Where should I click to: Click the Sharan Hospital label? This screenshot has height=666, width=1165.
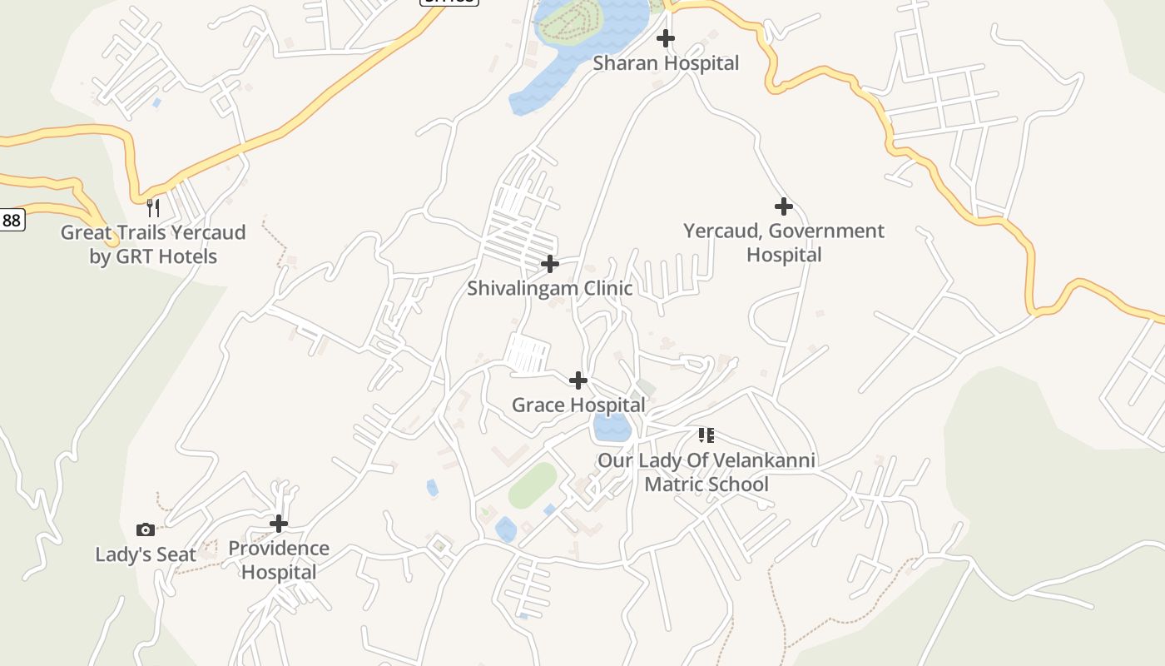pos(666,63)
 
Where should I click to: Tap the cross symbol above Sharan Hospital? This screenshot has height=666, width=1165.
pos(666,38)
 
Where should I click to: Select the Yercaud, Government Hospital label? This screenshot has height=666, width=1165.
pos(783,242)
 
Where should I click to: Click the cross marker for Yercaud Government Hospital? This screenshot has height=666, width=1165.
pos(783,206)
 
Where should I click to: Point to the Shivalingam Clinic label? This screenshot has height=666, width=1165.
pos(549,289)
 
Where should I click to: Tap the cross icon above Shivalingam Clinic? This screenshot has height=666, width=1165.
pos(550,264)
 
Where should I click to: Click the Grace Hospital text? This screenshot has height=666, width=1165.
pos(578,405)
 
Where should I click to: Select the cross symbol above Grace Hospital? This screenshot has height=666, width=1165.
pos(578,380)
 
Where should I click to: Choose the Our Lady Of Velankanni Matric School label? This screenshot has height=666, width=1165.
pos(706,472)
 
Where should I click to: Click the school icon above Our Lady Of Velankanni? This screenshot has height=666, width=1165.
pos(706,435)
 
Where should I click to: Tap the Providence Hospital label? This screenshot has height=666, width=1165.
pos(279,560)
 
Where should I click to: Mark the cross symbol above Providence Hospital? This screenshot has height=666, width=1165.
pos(279,524)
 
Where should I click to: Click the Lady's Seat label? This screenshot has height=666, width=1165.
pos(146,554)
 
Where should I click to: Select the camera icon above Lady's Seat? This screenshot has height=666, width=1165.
pos(146,529)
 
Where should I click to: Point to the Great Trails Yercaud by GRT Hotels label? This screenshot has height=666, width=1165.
pos(153,244)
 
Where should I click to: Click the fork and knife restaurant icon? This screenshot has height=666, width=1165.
pos(153,206)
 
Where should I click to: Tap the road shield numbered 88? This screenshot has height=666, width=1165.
pos(11,220)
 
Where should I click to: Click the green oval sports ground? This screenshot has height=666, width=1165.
pos(533,485)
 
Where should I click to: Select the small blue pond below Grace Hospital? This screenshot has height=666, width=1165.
pos(611,428)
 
